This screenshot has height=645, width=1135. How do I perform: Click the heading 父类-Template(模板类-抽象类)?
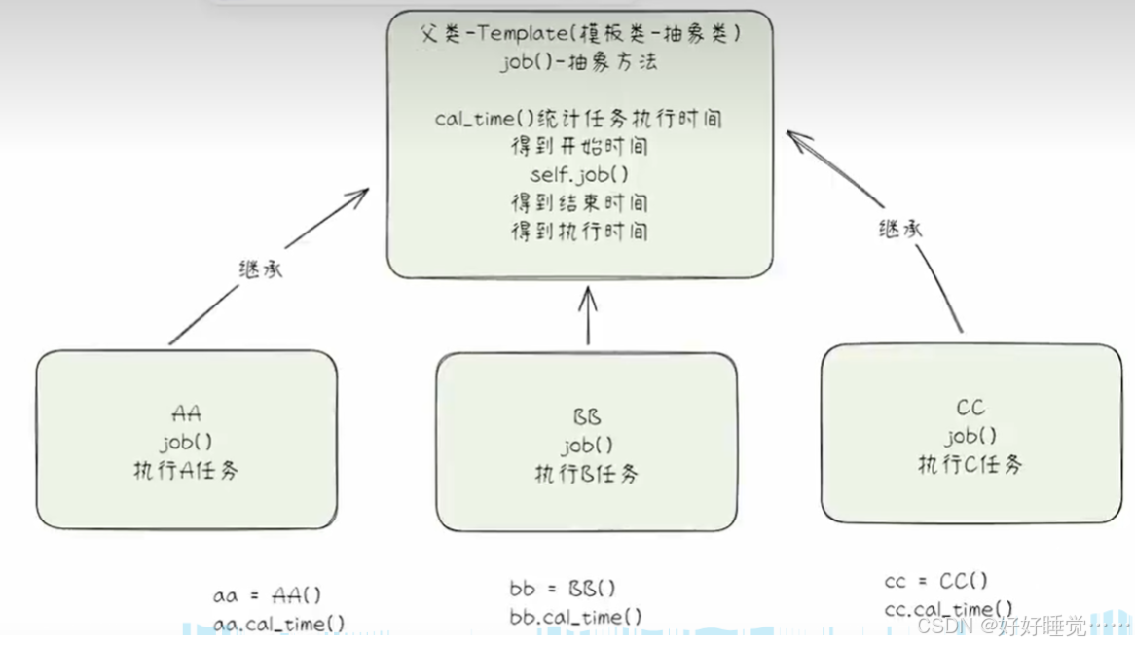coord(580,34)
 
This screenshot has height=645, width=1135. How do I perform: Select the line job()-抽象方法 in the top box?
coord(580,62)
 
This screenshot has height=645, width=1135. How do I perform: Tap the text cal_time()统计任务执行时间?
coord(579,120)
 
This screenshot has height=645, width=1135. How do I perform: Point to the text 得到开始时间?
coord(579,148)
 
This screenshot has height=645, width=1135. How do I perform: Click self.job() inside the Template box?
coord(579,175)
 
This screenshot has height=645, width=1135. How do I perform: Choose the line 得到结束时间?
coord(579,203)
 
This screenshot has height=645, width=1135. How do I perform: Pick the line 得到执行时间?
coord(579,232)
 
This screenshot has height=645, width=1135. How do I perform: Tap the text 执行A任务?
coord(186,471)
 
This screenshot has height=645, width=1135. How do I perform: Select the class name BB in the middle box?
coord(587,418)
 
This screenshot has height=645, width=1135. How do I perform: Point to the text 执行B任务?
coord(587,475)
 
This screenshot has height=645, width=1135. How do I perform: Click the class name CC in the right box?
coord(970,409)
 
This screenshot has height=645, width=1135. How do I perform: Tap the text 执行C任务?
coord(970,465)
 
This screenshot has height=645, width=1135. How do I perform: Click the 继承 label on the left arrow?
coord(260,269)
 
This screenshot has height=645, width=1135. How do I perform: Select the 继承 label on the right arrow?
coord(899,230)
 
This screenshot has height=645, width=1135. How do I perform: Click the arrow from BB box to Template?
coord(587,316)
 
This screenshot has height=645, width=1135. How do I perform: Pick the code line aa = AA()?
coord(267,595)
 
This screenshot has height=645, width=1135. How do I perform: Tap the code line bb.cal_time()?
coord(575,617)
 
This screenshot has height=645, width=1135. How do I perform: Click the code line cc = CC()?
coord(935,582)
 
